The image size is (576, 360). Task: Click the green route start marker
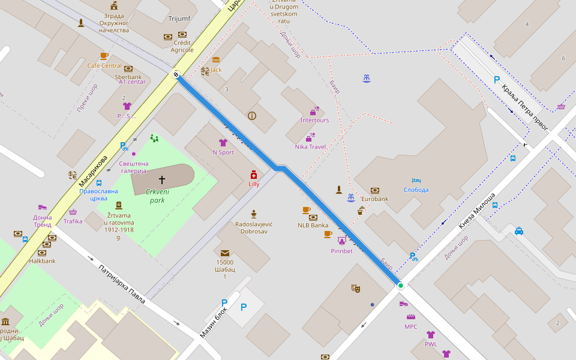(x=401, y=286)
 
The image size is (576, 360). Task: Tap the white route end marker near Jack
(x=176, y=74)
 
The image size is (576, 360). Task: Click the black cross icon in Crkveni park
(x=161, y=179)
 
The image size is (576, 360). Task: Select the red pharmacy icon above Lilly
(x=254, y=175)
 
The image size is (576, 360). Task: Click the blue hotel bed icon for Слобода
(x=416, y=181)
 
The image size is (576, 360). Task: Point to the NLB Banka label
(x=313, y=226)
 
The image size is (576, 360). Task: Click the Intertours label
(x=314, y=120)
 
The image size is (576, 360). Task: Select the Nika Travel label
(x=310, y=146)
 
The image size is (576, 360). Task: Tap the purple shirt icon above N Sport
(x=223, y=143)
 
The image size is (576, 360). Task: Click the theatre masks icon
(x=356, y=289)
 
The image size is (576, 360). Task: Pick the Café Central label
(x=104, y=65)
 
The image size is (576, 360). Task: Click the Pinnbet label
(x=341, y=251)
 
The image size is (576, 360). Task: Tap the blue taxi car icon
(x=518, y=230)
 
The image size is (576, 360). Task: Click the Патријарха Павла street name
(x=121, y=283)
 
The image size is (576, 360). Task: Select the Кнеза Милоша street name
(x=477, y=211)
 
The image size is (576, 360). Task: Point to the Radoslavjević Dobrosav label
(x=254, y=227)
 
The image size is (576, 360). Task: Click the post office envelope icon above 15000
(x=224, y=253)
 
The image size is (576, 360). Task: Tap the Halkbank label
(x=42, y=261)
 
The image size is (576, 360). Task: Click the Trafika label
(x=73, y=221)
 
